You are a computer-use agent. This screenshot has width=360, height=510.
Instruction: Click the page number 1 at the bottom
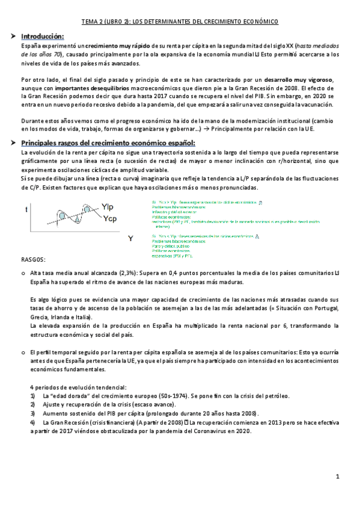[338, 477]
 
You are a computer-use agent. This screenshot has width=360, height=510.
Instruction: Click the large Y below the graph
[130, 239]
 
